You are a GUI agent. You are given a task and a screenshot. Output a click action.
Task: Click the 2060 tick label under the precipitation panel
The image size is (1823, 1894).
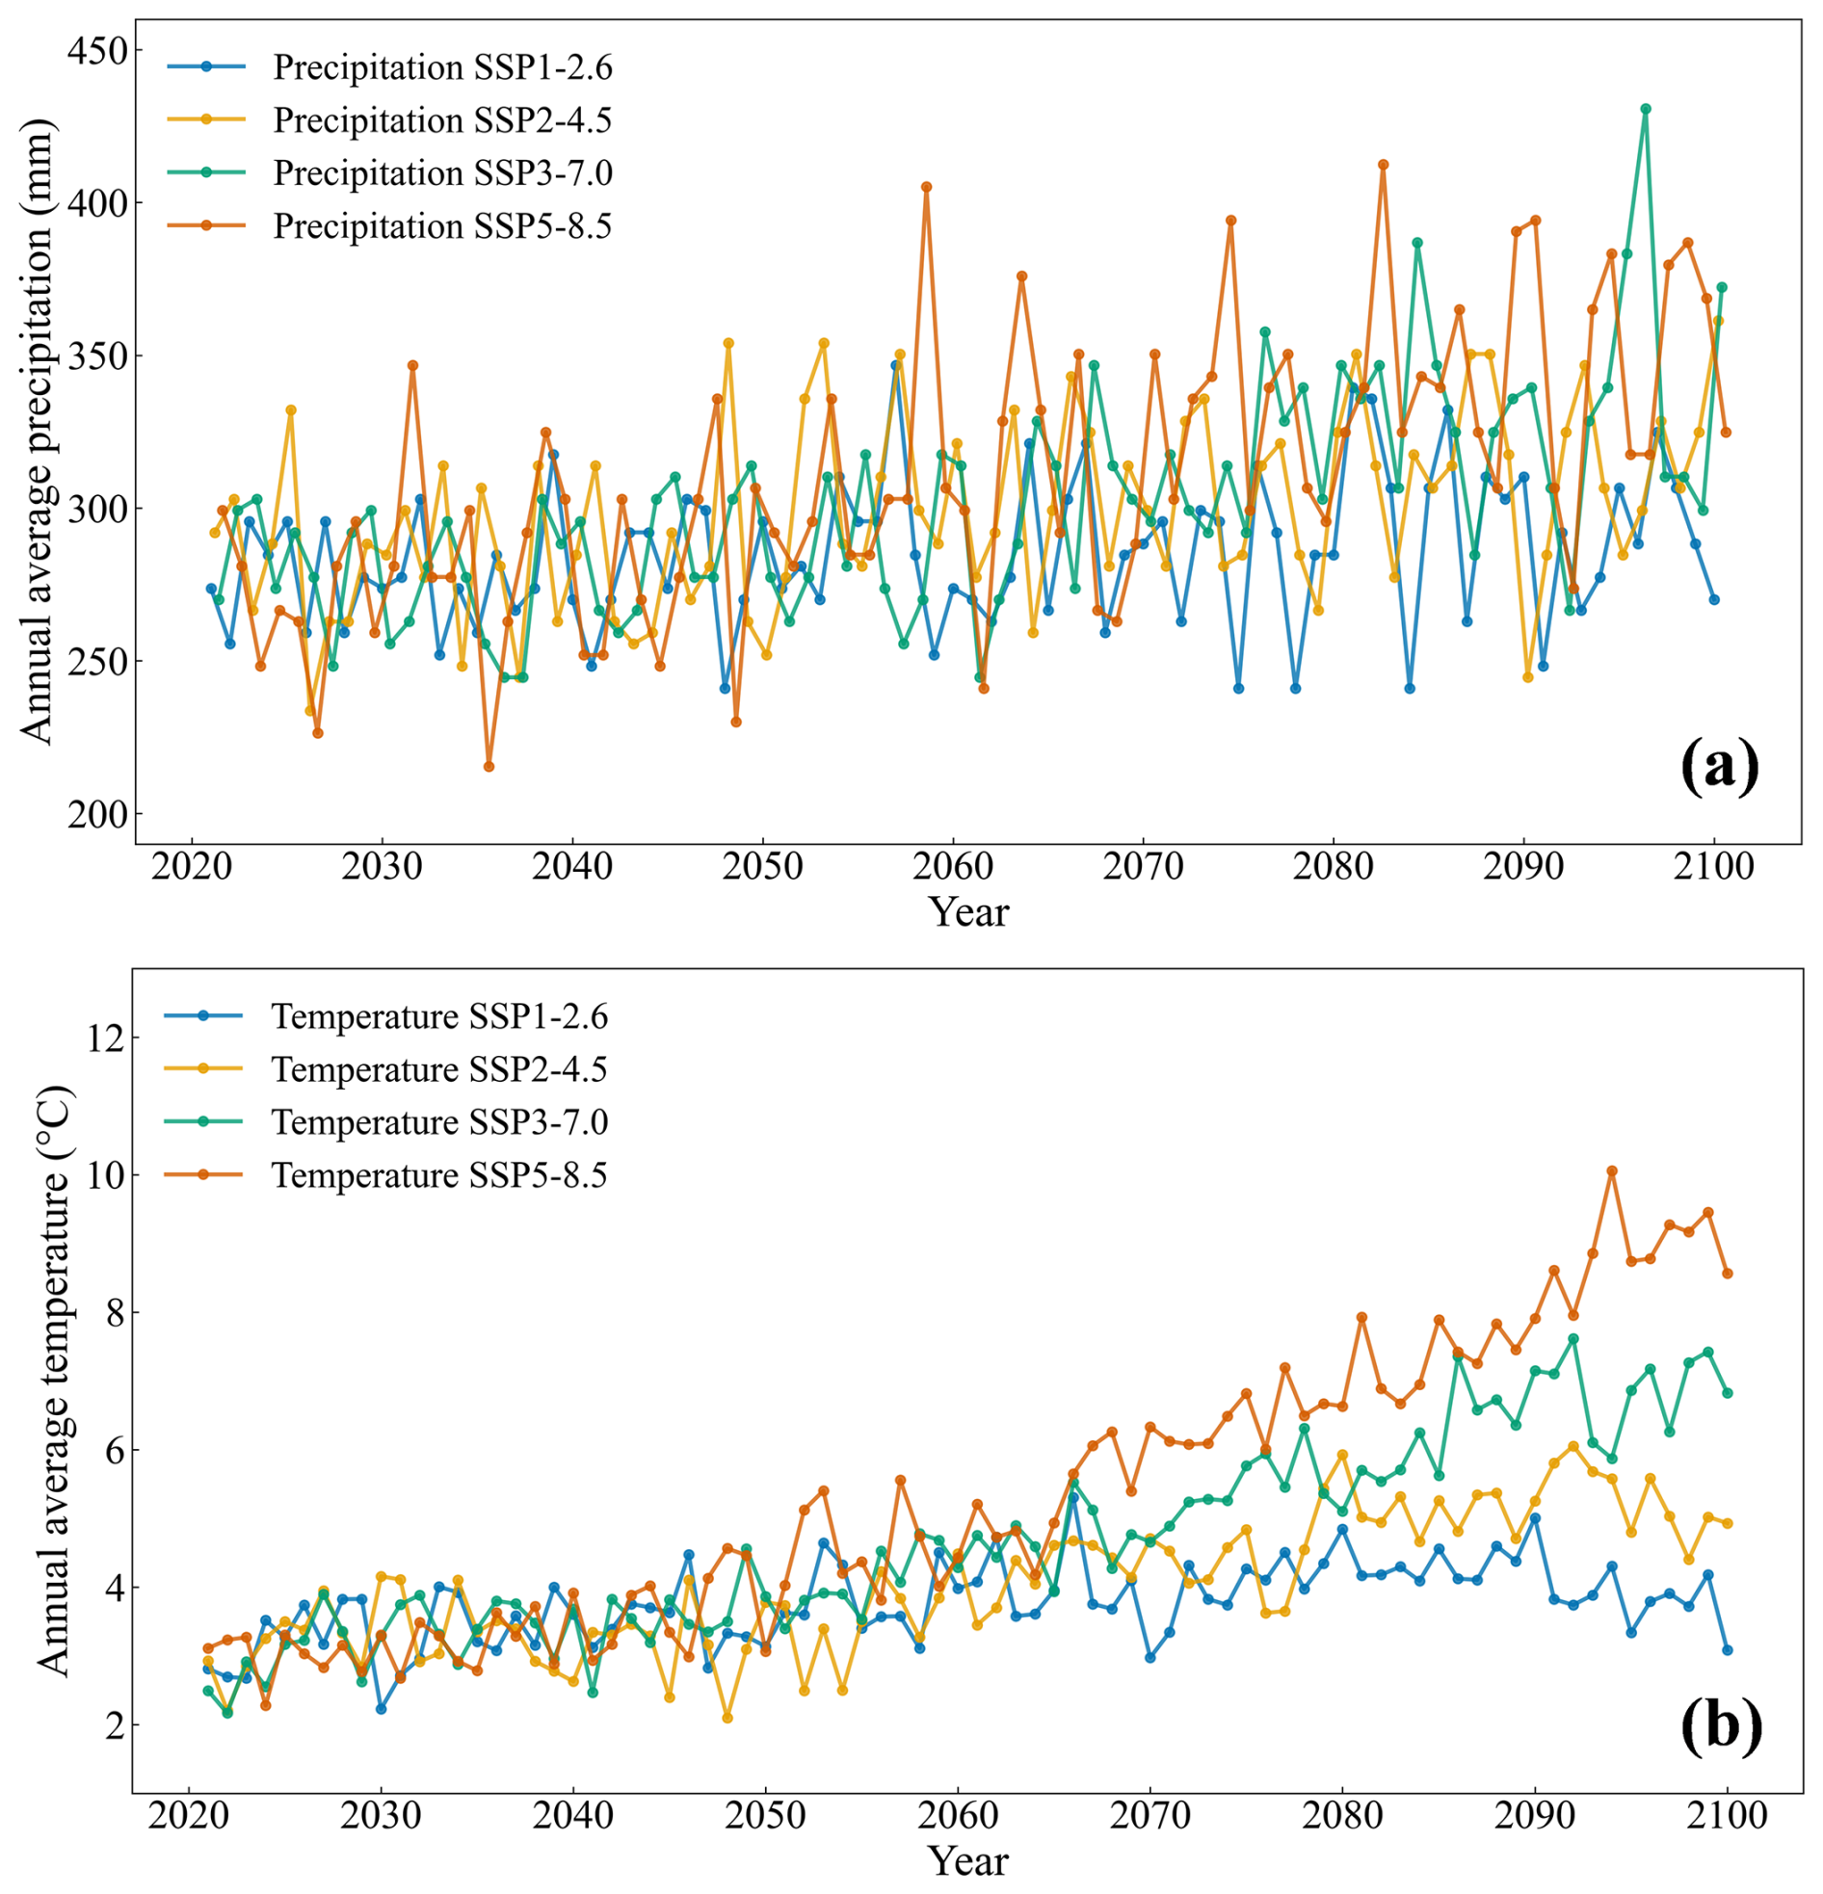952,867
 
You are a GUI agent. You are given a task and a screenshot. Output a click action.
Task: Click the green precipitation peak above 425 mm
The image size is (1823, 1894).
1645,109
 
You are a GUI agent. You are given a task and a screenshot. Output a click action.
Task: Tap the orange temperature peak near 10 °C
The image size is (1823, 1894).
1611,1171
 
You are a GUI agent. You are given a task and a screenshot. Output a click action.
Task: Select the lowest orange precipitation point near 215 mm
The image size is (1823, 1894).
489,766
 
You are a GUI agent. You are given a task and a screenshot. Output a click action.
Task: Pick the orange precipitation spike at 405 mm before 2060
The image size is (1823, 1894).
926,187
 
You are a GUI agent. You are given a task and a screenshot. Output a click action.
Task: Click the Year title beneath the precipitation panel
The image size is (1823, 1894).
968,911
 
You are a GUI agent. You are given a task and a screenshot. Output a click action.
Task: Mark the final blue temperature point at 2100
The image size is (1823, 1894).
1728,1650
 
